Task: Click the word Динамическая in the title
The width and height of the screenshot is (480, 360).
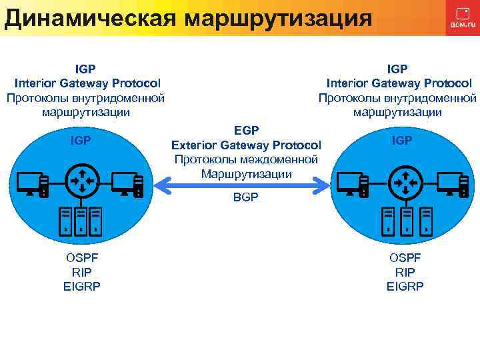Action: [x=91, y=17]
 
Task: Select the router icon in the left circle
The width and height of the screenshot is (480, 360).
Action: [x=82, y=179]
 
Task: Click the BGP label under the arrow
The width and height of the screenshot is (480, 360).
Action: [x=246, y=198]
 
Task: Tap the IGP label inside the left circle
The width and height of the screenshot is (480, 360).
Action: [x=81, y=140]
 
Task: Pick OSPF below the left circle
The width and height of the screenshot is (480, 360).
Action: [x=82, y=258]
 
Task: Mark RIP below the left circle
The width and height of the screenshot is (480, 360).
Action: [x=82, y=272]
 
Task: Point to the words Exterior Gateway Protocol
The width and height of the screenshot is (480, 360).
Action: [x=246, y=145]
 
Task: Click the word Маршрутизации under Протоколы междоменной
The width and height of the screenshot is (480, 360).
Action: [x=246, y=174]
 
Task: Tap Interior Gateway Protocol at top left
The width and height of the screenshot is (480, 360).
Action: [x=87, y=83]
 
